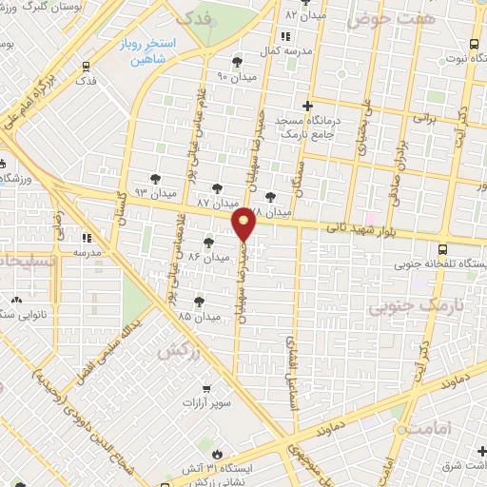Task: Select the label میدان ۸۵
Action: (x=199, y=315)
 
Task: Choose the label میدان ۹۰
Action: (x=238, y=75)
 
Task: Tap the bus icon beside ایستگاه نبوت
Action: (x=473, y=44)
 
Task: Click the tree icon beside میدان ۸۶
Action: (x=209, y=243)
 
